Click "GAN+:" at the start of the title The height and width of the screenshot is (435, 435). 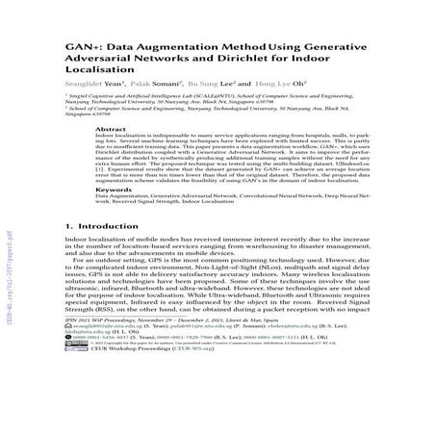(82, 45)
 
